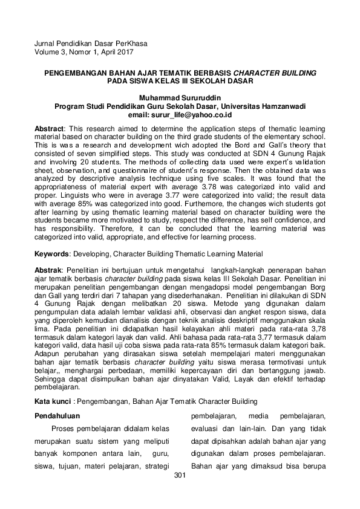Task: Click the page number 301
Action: pyautogui.click(x=180, y=475)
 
